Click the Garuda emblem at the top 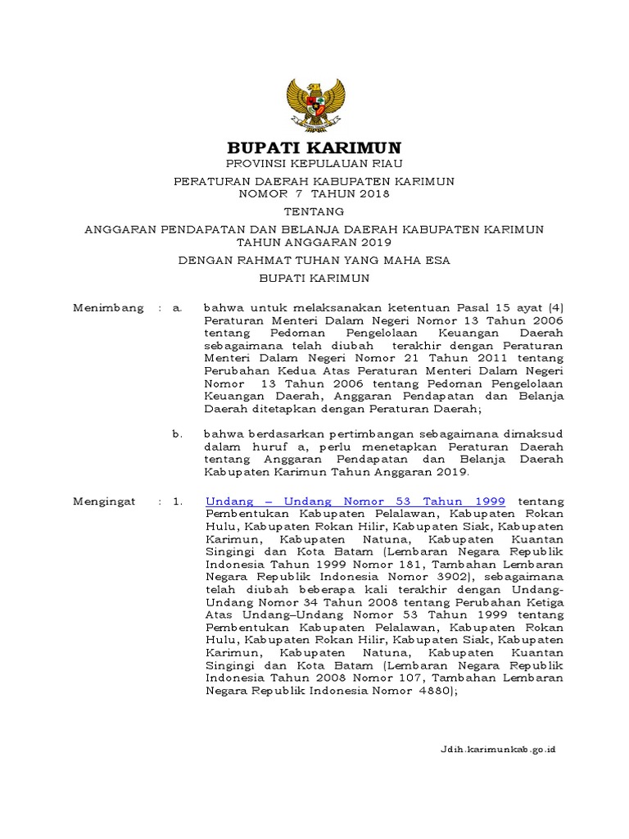pyautogui.click(x=314, y=103)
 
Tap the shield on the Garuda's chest pyautogui.click(x=314, y=104)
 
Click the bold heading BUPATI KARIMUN pyautogui.click(x=314, y=148)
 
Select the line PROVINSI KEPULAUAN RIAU pyautogui.click(x=314, y=165)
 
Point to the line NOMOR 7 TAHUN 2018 pyautogui.click(x=314, y=194)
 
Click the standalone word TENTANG pyautogui.click(x=314, y=211)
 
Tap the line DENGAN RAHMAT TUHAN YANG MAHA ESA pyautogui.click(x=314, y=261)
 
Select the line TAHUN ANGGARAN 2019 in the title pyautogui.click(x=314, y=243)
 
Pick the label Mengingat pyautogui.click(x=104, y=501)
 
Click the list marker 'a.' pyautogui.click(x=176, y=308)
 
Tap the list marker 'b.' pyautogui.click(x=177, y=433)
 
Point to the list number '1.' pyautogui.click(x=177, y=501)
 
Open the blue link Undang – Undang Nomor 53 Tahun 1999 pyautogui.click(x=355, y=501)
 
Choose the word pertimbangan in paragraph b pyautogui.click(x=348, y=433)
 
